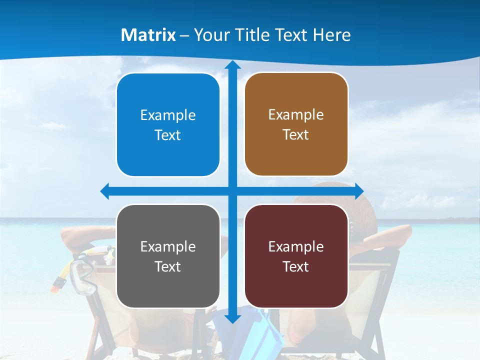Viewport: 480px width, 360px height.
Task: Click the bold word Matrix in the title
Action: coord(148,35)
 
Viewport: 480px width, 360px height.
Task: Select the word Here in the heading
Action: coord(332,35)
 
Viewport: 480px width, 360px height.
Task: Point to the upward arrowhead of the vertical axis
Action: coord(232,65)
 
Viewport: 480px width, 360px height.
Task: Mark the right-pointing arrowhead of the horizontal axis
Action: coord(359,191)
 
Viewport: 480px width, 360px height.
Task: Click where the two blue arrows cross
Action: coord(232,191)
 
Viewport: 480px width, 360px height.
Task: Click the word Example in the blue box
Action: coord(168,115)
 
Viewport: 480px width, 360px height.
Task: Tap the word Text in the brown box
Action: coord(296,135)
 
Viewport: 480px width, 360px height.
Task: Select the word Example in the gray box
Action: coord(168,246)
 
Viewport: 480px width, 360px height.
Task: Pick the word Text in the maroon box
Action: coord(296,267)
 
